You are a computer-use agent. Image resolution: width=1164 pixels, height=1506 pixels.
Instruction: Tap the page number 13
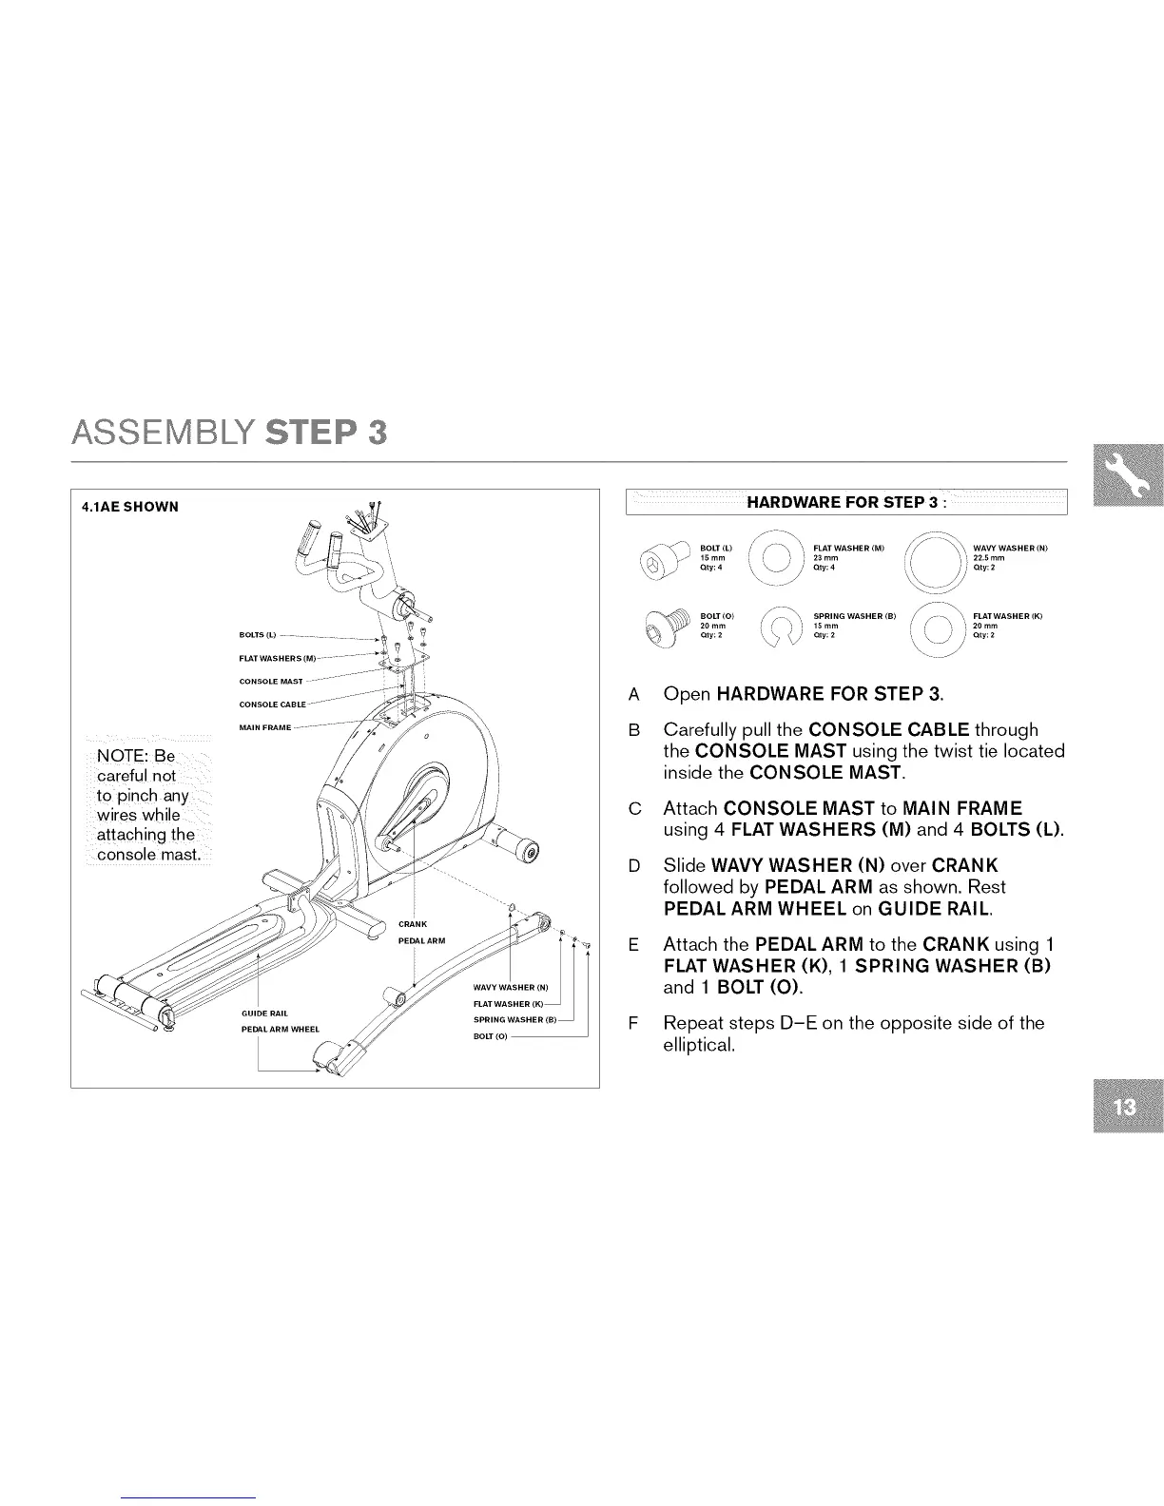click(1129, 1108)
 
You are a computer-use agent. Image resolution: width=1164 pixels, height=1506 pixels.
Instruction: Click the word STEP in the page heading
click(326, 432)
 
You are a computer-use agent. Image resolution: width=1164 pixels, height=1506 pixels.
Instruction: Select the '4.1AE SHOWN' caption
click(129, 507)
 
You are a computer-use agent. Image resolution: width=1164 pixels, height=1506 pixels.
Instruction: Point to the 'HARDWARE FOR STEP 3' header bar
click(846, 502)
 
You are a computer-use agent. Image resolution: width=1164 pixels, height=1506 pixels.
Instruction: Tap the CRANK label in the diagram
click(413, 924)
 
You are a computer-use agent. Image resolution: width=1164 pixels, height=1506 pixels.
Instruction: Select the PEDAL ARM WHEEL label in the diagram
click(281, 1030)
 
